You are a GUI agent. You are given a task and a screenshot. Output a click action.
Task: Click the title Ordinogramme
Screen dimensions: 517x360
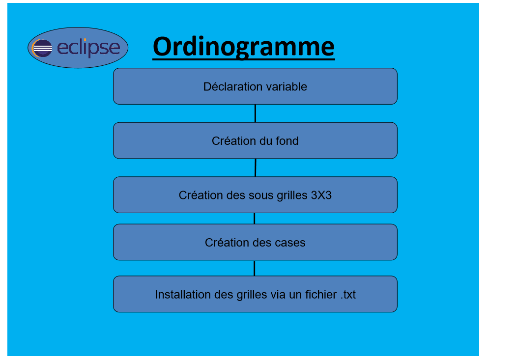point(244,47)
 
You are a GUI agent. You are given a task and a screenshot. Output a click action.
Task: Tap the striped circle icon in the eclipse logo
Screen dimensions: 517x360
point(42,48)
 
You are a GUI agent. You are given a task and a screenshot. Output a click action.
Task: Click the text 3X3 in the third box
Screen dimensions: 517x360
point(321,195)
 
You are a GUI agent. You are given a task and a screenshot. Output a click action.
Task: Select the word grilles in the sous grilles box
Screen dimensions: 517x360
point(292,195)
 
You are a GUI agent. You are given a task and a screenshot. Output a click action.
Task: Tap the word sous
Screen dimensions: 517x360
point(261,195)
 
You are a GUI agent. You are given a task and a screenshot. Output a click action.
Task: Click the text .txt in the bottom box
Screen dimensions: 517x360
point(348,295)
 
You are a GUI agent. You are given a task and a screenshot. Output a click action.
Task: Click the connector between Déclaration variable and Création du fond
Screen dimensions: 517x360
point(255,113)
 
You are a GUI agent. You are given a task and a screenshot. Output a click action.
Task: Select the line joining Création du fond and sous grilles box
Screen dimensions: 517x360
point(255,167)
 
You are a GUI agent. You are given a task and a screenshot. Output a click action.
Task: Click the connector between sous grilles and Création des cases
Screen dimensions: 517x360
point(254,219)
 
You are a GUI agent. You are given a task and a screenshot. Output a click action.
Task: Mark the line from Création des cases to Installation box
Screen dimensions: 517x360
point(254,268)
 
